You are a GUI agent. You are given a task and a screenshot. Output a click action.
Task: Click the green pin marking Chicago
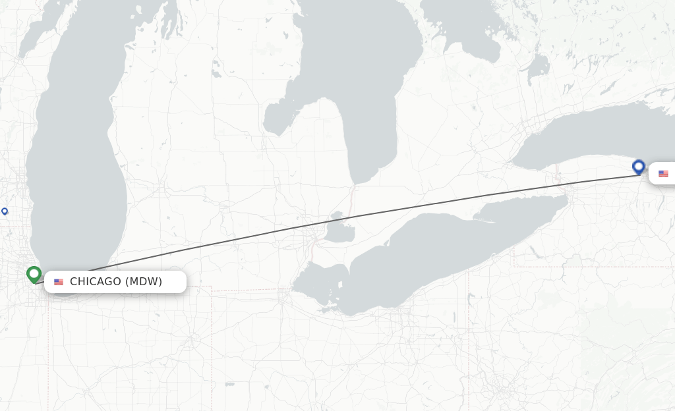point(34,273)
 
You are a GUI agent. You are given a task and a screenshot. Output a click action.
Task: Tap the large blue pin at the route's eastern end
point(638,167)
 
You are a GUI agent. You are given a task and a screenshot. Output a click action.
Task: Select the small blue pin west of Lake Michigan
point(5,211)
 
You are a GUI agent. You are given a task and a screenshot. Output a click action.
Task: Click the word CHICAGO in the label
point(96,282)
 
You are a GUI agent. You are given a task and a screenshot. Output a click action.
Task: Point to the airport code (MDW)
point(144,282)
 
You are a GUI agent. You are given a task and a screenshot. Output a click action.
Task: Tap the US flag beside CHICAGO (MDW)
point(59,282)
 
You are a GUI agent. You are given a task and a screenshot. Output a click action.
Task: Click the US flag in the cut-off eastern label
point(663,173)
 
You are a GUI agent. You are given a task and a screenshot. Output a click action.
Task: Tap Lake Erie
point(428,257)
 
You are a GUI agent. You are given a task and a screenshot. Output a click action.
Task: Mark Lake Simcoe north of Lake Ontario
point(538,66)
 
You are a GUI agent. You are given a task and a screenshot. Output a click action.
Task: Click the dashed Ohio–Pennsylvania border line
point(468,329)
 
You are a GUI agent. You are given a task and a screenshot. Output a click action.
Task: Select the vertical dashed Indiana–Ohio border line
point(212,342)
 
